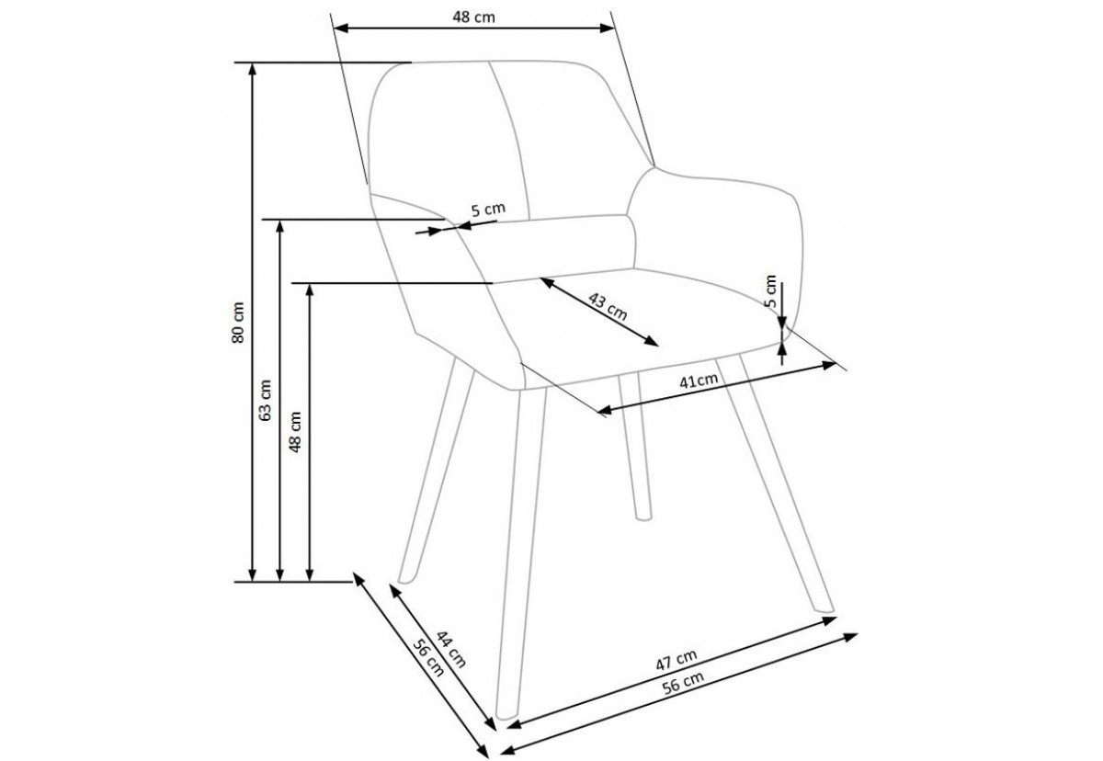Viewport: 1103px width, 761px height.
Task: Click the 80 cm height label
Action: tap(237, 323)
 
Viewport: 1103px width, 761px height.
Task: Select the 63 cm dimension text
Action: tap(265, 400)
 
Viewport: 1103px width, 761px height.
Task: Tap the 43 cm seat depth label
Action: tap(608, 307)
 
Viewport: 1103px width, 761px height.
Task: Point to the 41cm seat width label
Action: tap(699, 380)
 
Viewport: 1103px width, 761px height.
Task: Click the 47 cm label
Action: tap(677, 660)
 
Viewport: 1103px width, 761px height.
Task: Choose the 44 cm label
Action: tap(450, 649)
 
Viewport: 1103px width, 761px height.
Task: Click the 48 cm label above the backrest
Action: tap(473, 17)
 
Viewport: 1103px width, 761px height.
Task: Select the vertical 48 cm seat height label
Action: tap(294, 432)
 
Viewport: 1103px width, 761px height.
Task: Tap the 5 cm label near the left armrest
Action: tap(488, 210)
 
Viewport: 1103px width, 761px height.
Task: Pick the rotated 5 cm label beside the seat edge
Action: tap(771, 291)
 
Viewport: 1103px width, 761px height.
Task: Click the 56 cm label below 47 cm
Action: tap(683, 683)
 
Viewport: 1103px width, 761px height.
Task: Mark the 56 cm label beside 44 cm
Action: tap(428, 657)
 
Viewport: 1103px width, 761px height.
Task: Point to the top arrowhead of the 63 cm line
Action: tap(279, 225)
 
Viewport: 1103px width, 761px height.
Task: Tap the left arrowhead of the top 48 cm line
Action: tap(341, 28)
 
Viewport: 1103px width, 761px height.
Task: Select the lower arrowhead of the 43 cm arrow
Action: tap(652, 342)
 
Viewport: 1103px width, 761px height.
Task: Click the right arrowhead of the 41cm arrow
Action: tap(829, 365)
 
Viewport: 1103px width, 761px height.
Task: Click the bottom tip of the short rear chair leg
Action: tap(643, 517)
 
